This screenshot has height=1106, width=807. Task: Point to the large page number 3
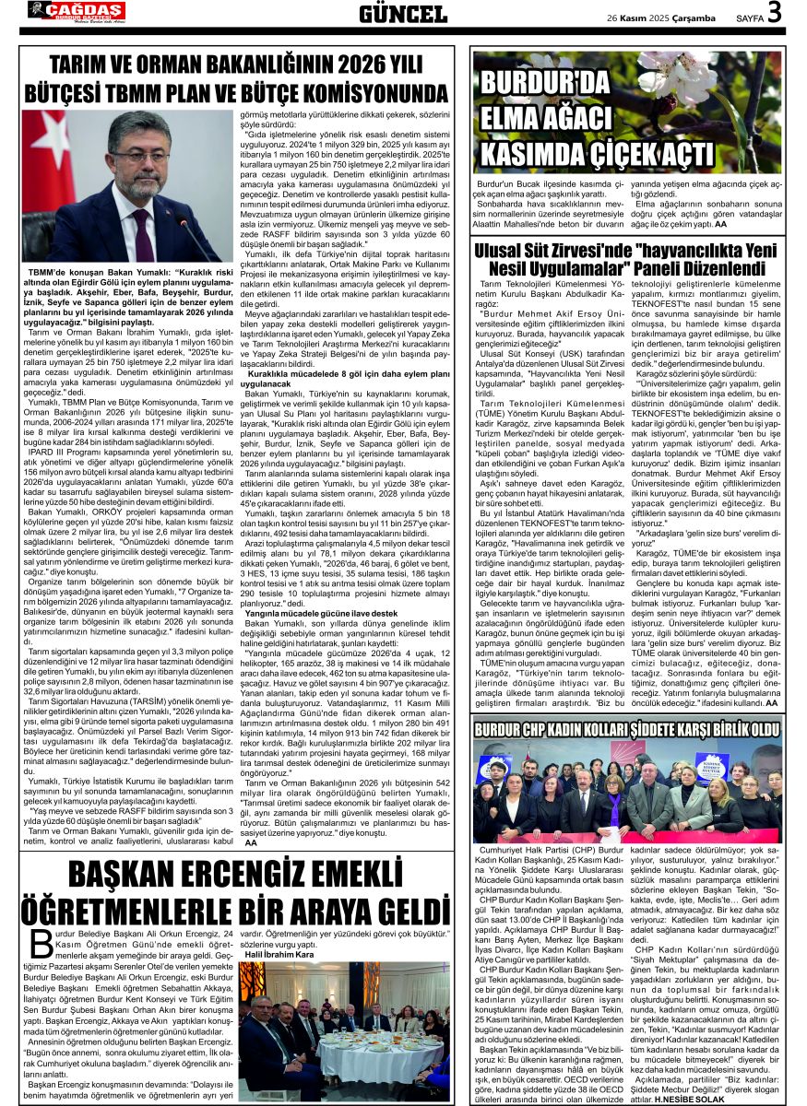click(x=774, y=13)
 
